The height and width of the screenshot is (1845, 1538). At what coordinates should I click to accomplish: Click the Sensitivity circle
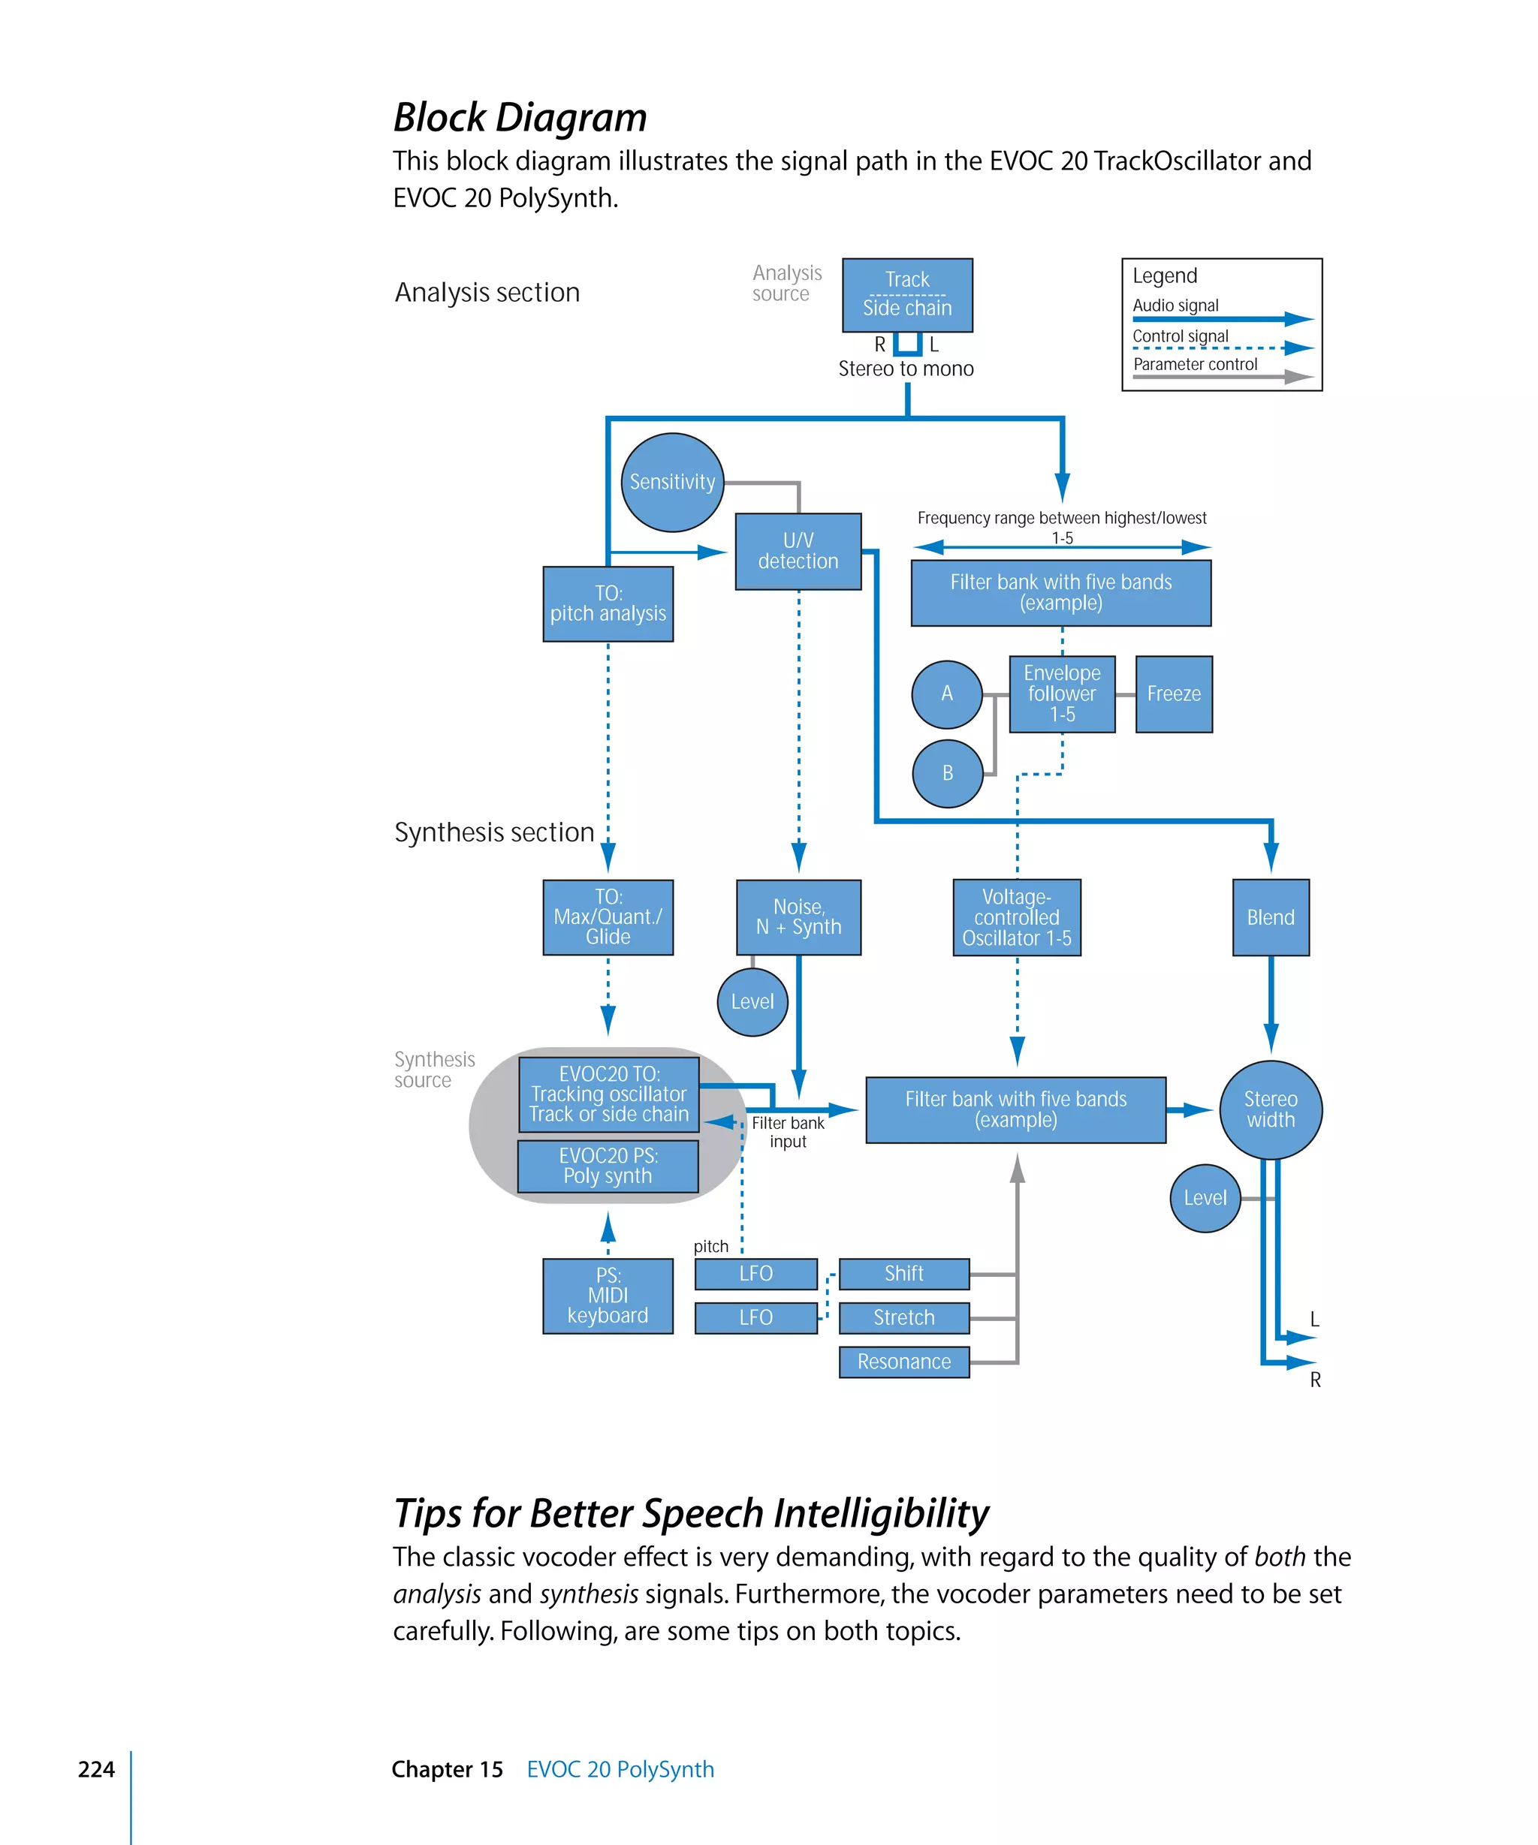point(672,483)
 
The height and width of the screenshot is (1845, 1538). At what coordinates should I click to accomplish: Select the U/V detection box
point(798,551)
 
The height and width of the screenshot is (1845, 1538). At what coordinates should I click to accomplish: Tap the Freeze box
point(1173,694)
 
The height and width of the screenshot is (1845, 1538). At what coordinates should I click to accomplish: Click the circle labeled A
point(946,694)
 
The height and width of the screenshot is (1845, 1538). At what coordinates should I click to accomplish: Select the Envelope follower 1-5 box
point(1062,694)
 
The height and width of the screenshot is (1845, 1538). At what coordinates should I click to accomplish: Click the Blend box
point(1270,917)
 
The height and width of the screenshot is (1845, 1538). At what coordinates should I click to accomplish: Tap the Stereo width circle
point(1270,1109)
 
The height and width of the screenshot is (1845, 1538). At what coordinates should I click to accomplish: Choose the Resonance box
point(903,1362)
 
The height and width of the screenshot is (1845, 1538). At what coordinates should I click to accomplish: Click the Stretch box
point(903,1318)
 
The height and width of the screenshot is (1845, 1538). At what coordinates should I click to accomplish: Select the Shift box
point(903,1274)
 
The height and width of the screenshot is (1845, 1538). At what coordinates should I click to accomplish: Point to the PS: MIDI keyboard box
point(608,1296)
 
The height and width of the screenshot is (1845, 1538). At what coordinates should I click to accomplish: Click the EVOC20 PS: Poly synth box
point(608,1166)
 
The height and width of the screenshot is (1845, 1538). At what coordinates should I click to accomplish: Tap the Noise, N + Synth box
point(798,917)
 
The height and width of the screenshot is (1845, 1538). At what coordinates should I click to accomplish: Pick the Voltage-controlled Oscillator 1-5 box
point(1017,917)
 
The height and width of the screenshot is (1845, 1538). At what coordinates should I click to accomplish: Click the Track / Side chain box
point(907,294)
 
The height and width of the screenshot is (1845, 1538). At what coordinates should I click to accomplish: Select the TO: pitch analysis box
point(608,603)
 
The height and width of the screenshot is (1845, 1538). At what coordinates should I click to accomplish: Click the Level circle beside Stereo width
point(1205,1199)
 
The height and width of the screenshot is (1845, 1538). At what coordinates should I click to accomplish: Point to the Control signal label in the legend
point(1180,336)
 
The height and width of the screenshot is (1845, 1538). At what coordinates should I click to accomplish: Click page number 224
point(96,1769)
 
